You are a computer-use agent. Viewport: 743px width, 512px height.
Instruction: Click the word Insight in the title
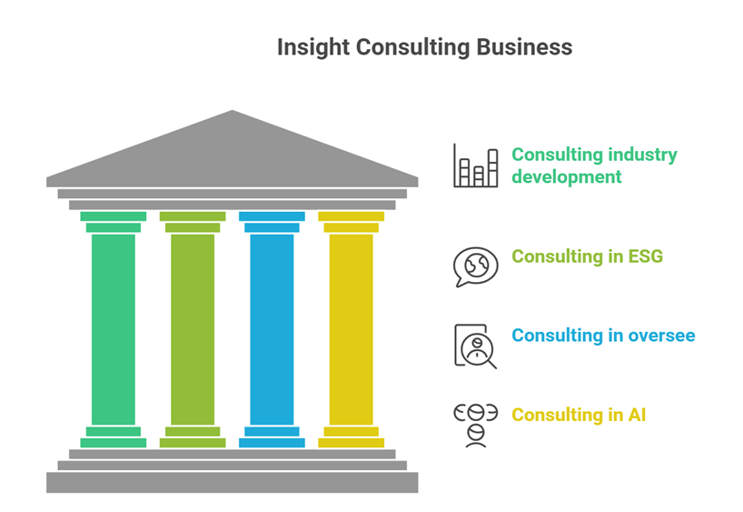coord(307,47)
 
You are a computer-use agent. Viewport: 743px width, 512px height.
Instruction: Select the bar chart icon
coord(476,166)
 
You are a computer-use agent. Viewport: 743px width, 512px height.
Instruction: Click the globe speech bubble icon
coord(476,266)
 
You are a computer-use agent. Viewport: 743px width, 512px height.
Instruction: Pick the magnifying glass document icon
coord(476,346)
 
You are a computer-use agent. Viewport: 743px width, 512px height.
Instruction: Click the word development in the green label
coord(566,176)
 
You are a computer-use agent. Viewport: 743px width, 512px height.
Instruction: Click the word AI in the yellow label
coord(637,415)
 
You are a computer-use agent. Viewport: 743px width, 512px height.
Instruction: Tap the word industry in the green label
coord(643,155)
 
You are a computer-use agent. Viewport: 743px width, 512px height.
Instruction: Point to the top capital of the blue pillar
coord(272,216)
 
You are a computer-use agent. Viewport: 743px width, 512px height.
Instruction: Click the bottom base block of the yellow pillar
coord(351,443)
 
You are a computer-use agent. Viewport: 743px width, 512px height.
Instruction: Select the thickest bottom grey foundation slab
coord(233,482)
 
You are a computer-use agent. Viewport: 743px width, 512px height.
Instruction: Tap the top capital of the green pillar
coord(114,216)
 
